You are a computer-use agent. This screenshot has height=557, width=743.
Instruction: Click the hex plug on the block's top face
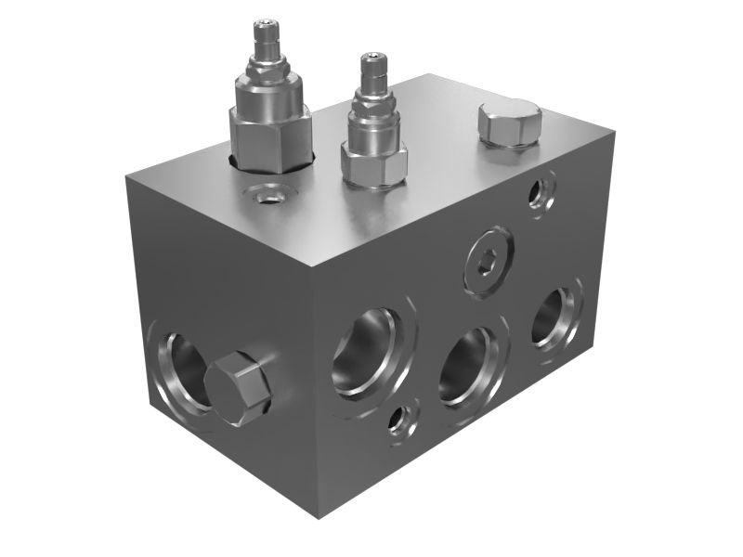tap(508, 123)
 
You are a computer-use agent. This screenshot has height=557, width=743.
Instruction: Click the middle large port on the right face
tap(471, 366)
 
